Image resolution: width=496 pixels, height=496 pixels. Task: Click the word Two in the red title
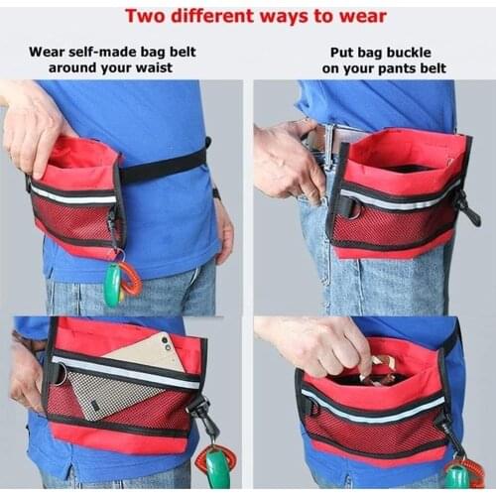coord(145,16)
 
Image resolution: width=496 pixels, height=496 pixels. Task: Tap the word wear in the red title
coord(363,17)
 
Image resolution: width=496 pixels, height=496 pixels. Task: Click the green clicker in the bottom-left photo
coord(217,467)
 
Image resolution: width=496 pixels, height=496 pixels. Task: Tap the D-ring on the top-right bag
coord(352,207)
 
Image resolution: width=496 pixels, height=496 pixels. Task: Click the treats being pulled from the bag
coord(380,371)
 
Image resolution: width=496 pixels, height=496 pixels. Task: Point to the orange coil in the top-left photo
coord(131,278)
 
